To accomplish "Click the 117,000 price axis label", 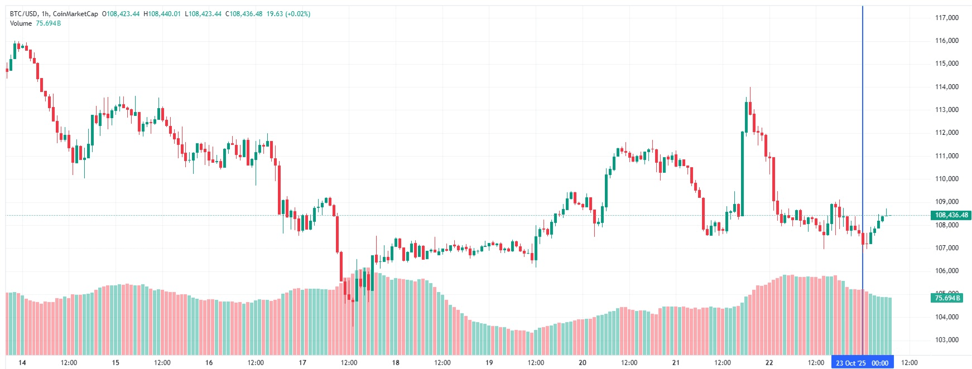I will [946, 18].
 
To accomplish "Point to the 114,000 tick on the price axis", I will [946, 87].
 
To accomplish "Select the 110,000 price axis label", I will [946, 179].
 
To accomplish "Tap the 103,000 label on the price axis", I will [946, 340].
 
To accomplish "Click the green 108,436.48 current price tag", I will [951, 215].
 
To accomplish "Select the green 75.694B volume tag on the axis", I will [947, 298].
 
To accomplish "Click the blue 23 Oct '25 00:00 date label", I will [862, 363].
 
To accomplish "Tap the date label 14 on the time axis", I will [22, 363].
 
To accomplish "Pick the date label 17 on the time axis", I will [302, 363].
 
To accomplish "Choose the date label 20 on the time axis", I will [583, 363].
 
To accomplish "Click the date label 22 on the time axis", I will [769, 363].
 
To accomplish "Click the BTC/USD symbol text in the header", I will [23, 14].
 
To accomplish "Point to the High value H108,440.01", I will [162, 14].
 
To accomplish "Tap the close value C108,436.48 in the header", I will [244, 14].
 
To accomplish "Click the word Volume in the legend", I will [21, 23].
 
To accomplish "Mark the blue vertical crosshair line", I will [863, 139].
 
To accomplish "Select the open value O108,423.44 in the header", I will [121, 14].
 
